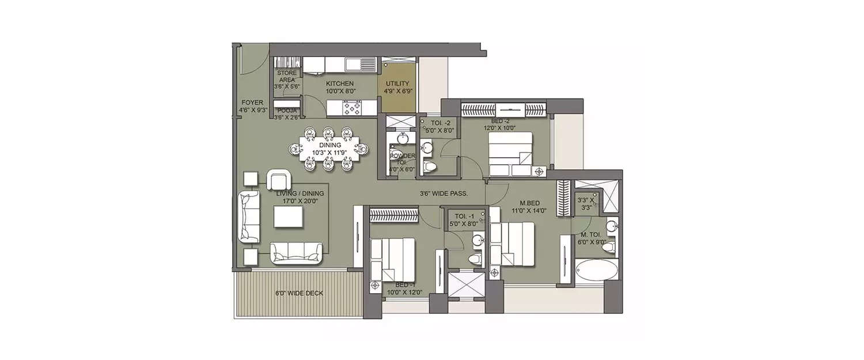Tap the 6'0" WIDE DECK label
pos(299,293)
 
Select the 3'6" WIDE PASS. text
pos(443,194)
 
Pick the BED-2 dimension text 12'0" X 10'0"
pos(499,128)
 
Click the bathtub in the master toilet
pos(597,270)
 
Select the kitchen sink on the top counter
pos(361,63)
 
